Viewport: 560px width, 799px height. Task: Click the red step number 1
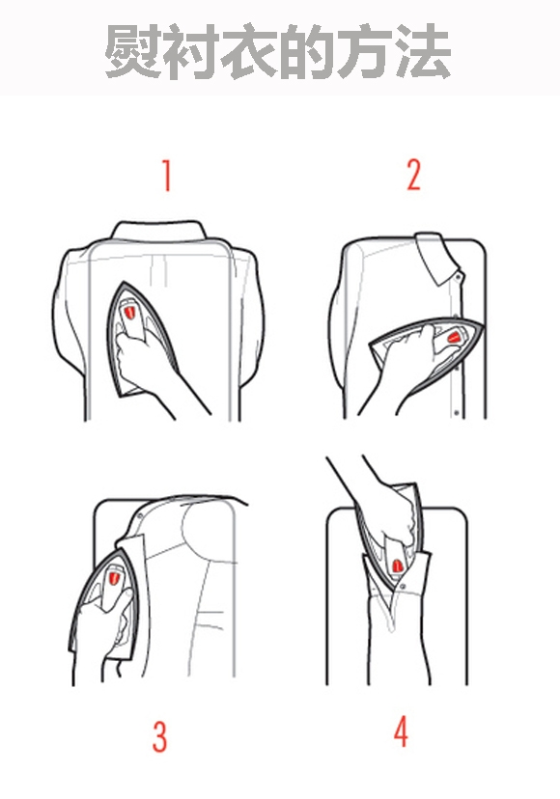(x=166, y=176)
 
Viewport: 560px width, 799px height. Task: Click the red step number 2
(x=413, y=176)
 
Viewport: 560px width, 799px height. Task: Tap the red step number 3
(x=159, y=736)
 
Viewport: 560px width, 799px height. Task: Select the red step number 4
(x=401, y=731)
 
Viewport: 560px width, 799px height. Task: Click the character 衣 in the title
(x=249, y=51)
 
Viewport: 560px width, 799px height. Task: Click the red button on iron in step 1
(x=129, y=312)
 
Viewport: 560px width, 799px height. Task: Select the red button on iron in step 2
(x=453, y=337)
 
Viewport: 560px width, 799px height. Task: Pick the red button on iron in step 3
(x=113, y=578)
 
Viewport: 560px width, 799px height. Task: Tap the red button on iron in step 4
(x=396, y=565)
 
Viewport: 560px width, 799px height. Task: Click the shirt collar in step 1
(x=159, y=231)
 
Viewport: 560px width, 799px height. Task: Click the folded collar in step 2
(x=437, y=259)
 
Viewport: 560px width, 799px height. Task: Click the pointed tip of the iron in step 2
(x=481, y=326)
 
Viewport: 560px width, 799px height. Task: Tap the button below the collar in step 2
(x=458, y=277)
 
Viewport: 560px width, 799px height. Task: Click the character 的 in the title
(x=307, y=51)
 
